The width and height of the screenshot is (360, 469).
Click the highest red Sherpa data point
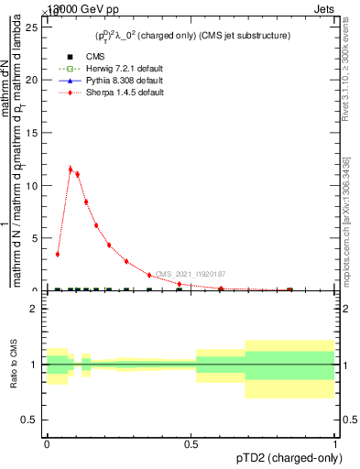(71, 169)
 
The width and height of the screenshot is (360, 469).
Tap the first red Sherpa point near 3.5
(58, 254)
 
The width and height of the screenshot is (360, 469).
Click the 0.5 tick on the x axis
(191, 442)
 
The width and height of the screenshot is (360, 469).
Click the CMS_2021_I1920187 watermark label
(190, 274)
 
